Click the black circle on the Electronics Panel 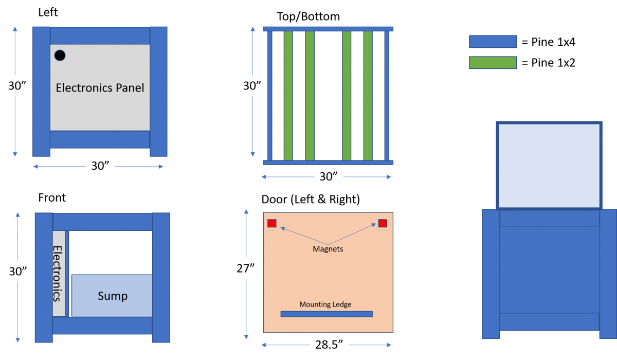pyautogui.click(x=60, y=56)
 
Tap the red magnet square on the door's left pyautogui.click(x=272, y=223)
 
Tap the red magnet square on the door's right pyautogui.click(x=383, y=223)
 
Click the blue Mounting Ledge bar pyautogui.click(x=326, y=314)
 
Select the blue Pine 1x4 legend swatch pyautogui.click(x=493, y=42)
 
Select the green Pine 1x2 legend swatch pyautogui.click(x=493, y=63)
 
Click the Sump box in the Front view pyautogui.click(x=112, y=295)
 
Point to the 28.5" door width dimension pyautogui.click(x=329, y=345)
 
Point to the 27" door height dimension pyautogui.click(x=245, y=268)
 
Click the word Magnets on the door pyautogui.click(x=328, y=249)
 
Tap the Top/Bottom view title pyautogui.click(x=308, y=16)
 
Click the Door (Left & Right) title pyautogui.click(x=311, y=199)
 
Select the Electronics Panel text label pyautogui.click(x=100, y=88)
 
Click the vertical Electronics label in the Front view pyautogui.click(x=57, y=274)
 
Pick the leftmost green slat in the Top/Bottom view pyautogui.click(x=288, y=96)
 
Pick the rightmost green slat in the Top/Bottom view pyautogui.click(x=368, y=96)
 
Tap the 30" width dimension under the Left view pyautogui.click(x=100, y=166)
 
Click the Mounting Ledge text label pyautogui.click(x=325, y=304)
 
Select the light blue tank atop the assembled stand pyautogui.click(x=549, y=165)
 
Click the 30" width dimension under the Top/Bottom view pyautogui.click(x=329, y=176)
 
